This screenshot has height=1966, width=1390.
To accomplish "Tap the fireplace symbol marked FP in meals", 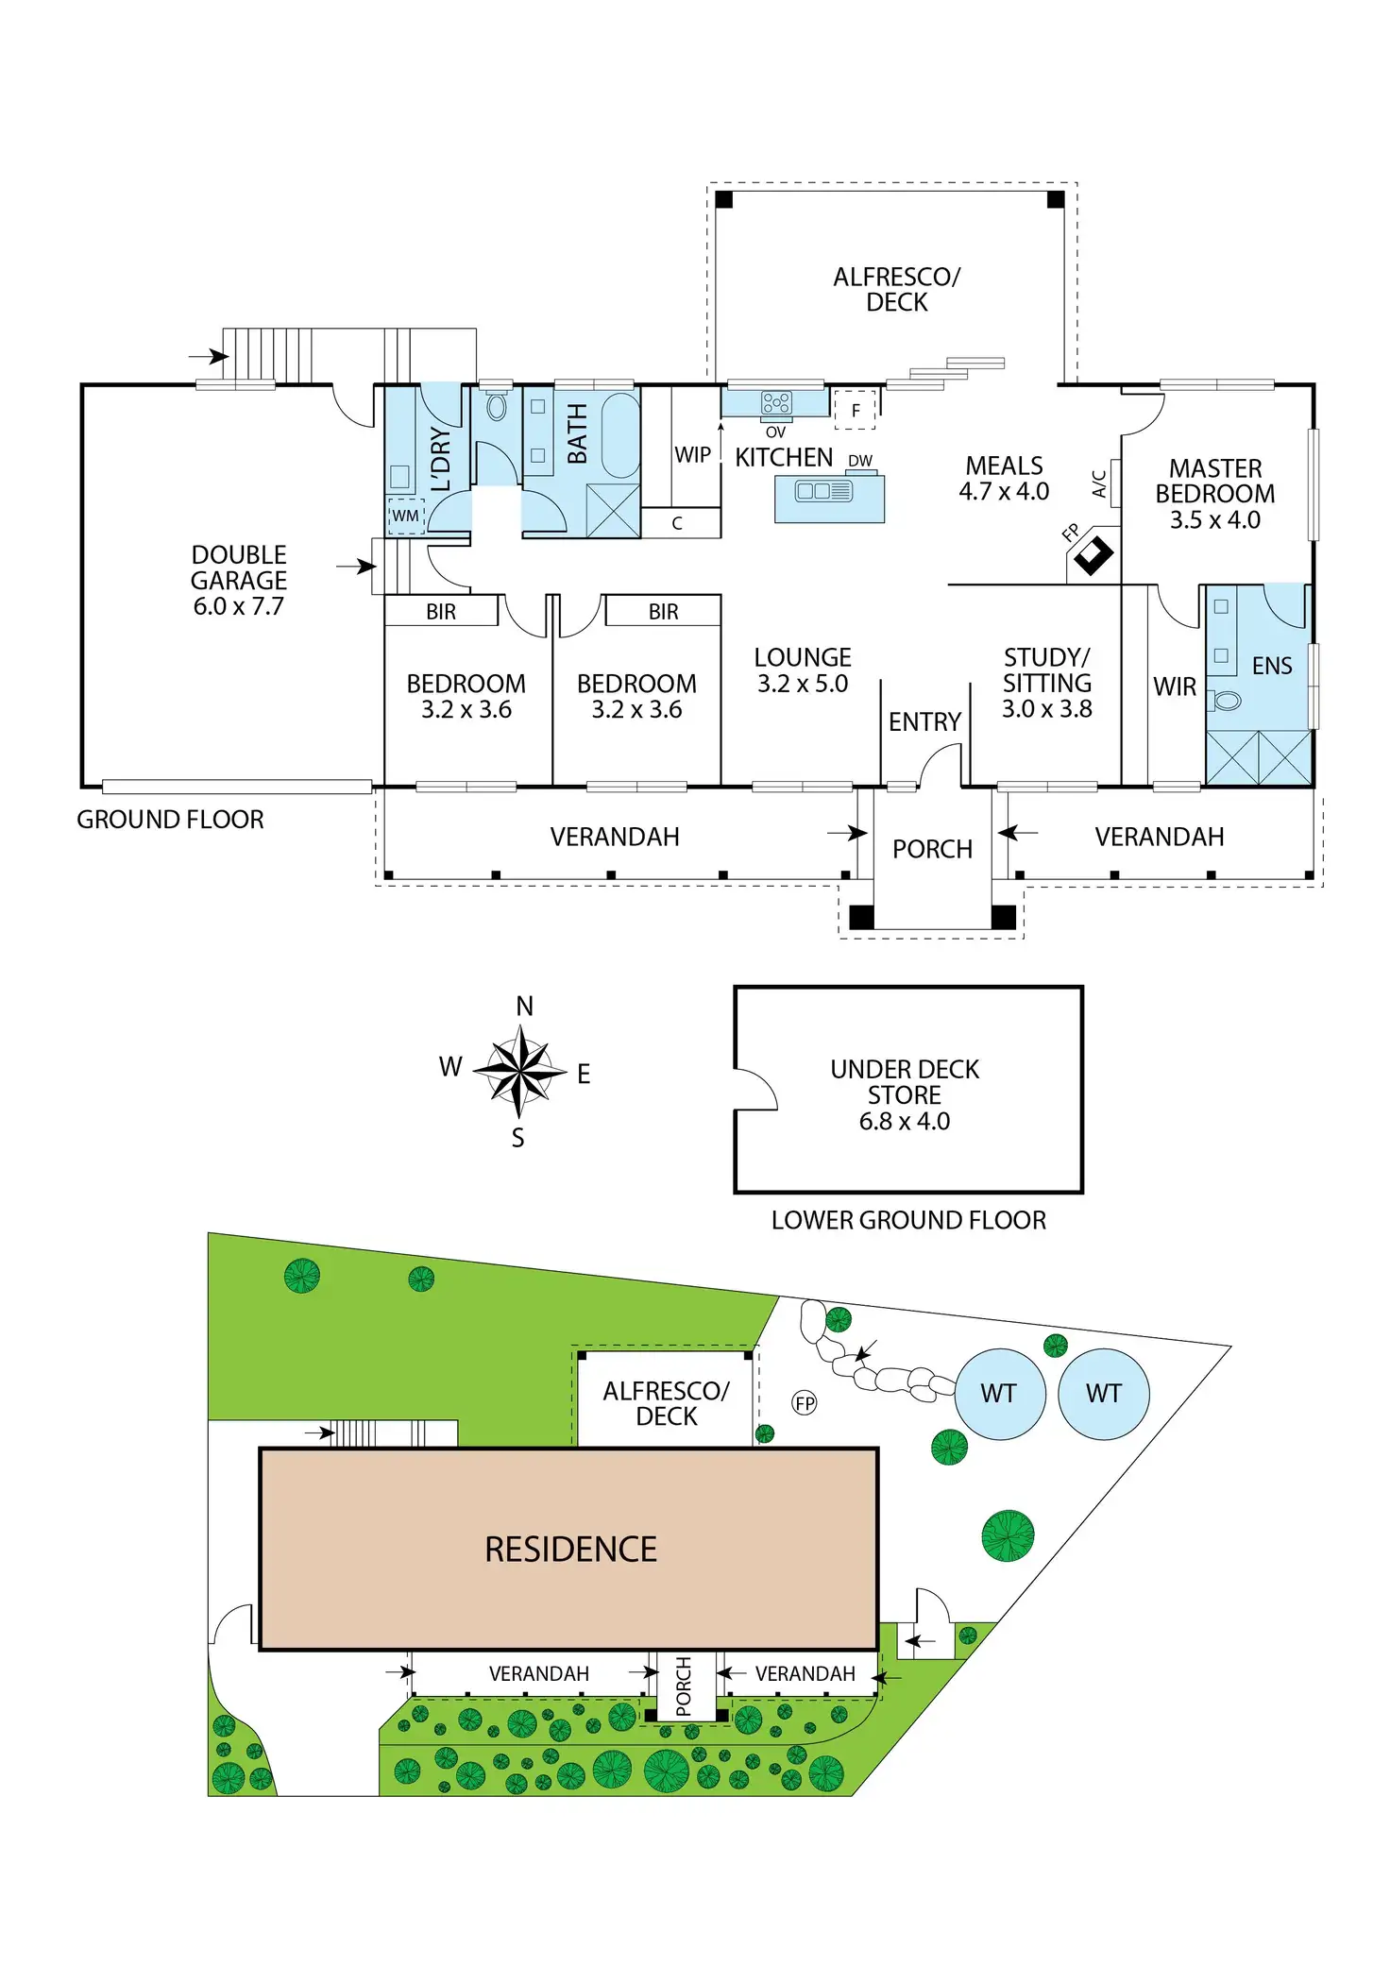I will [1093, 555].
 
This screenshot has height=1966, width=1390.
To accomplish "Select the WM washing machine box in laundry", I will [406, 516].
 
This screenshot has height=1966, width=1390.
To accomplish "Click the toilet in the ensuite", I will [1227, 701].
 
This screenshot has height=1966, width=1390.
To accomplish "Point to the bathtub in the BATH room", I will [620, 435].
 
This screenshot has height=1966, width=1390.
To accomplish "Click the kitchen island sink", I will [823, 491].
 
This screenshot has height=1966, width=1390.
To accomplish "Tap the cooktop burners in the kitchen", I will [776, 403].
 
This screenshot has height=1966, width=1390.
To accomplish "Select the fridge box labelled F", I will [856, 410].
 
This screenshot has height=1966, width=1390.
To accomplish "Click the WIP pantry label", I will [692, 455].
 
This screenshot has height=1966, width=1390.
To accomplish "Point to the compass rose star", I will [519, 1071].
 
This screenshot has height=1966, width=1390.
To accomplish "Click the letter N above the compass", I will [524, 1007].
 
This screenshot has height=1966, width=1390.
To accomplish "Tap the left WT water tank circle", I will [999, 1394].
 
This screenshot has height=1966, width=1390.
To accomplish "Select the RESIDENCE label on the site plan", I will [570, 1550].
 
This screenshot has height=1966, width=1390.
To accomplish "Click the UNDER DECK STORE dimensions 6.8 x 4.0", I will [904, 1122].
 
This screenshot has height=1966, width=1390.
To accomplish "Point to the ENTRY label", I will [924, 722].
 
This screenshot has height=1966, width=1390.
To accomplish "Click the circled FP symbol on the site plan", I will [805, 1403].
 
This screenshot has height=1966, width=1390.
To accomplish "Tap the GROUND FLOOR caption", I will [170, 820].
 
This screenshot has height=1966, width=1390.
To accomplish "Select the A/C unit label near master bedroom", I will [1100, 483].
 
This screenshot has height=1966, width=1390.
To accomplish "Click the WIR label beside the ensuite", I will [1175, 687].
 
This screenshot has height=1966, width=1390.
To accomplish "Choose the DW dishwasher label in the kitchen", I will [860, 461].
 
